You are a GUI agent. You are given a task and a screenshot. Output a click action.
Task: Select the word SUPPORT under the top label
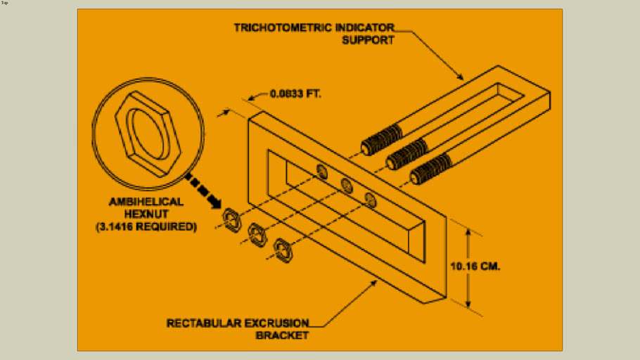(367, 39)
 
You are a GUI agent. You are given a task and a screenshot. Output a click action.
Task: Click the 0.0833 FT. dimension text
(295, 93)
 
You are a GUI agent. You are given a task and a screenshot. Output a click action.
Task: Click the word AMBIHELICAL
(146, 202)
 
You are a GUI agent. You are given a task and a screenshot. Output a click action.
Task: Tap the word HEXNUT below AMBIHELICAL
(146, 214)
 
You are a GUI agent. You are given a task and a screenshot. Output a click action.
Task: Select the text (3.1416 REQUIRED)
(146, 227)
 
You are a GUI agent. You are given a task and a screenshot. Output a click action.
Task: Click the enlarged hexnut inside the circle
(148, 131)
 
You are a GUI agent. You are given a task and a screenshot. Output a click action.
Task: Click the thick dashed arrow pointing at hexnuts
(205, 190)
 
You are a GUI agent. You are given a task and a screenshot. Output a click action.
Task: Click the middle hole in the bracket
(346, 185)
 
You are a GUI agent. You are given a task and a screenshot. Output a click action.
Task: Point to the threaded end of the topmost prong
(380, 139)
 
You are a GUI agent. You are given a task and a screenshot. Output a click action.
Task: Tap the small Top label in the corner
(5, 3)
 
